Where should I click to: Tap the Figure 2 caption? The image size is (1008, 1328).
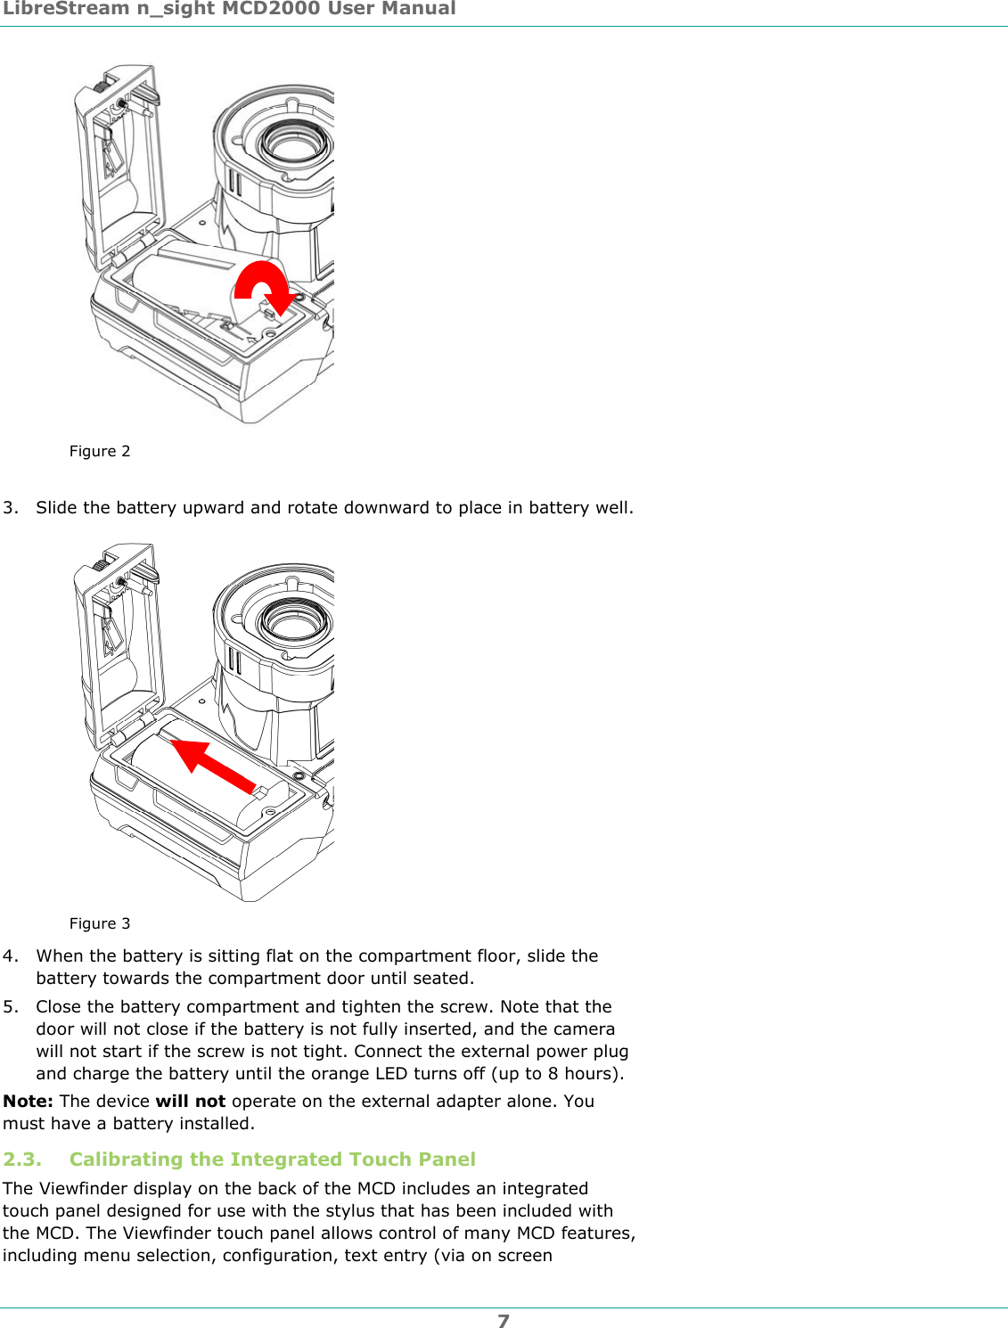100,451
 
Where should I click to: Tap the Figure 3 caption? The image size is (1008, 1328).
100,923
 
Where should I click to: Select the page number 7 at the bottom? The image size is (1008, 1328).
504,1321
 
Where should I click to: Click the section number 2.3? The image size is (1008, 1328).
22,1159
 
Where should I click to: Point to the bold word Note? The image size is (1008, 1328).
28,1101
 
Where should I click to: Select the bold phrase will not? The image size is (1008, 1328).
190,1101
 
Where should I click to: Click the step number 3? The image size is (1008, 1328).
10,507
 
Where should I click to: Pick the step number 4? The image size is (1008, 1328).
10,955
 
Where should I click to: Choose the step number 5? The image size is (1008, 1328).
10,1006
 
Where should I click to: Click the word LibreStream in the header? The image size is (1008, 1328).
66,9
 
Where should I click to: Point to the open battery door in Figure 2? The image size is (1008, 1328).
120,165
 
